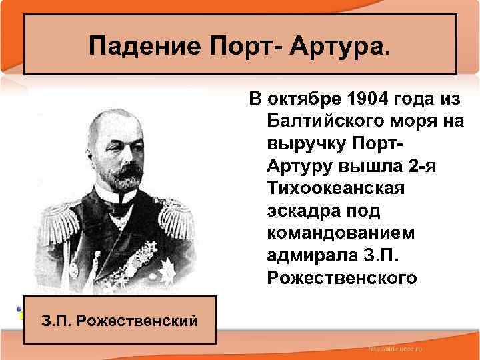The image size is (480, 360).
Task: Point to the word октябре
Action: tap(303, 100)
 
